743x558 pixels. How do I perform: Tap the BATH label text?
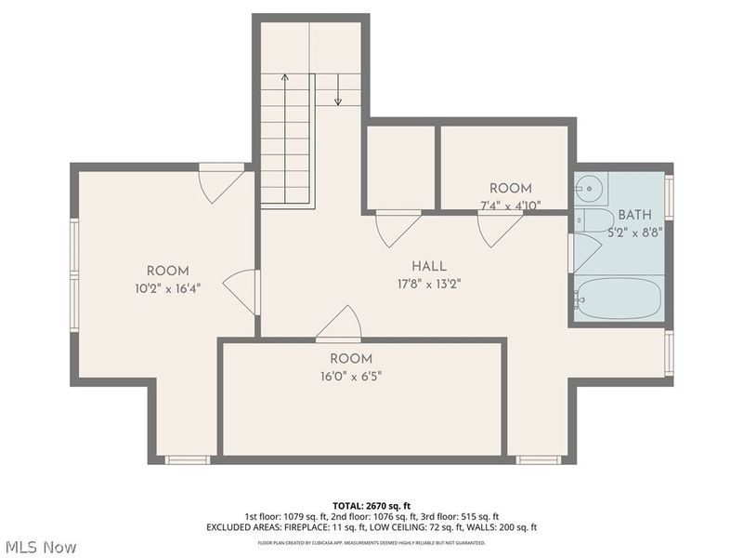point(635,214)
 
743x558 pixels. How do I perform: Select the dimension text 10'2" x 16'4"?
point(167,288)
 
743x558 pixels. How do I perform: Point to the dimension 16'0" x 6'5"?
point(351,377)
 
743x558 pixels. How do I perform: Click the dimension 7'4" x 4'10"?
point(511,206)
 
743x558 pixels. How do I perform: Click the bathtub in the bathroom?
point(618,299)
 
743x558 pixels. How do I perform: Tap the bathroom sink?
point(591,189)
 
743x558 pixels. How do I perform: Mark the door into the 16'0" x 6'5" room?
point(339,325)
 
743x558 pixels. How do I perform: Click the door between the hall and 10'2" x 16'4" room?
point(241,291)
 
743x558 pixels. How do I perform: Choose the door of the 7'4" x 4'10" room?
point(499,228)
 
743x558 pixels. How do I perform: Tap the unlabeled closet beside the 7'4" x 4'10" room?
point(400,167)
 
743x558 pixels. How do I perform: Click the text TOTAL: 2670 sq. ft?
point(371,505)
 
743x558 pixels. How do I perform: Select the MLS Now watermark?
point(40,547)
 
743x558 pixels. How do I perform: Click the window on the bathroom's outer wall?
point(669,198)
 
